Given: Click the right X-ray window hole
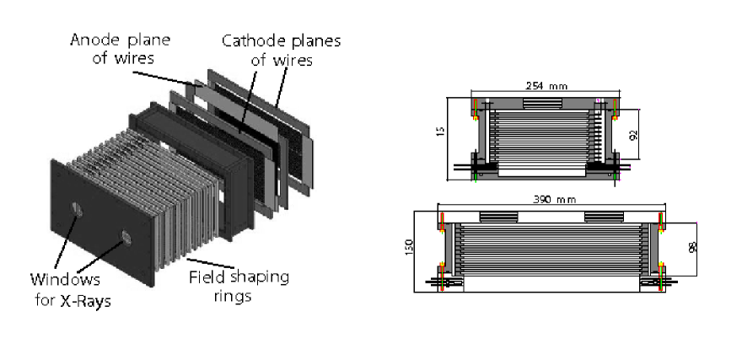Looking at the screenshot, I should click(127, 236).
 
